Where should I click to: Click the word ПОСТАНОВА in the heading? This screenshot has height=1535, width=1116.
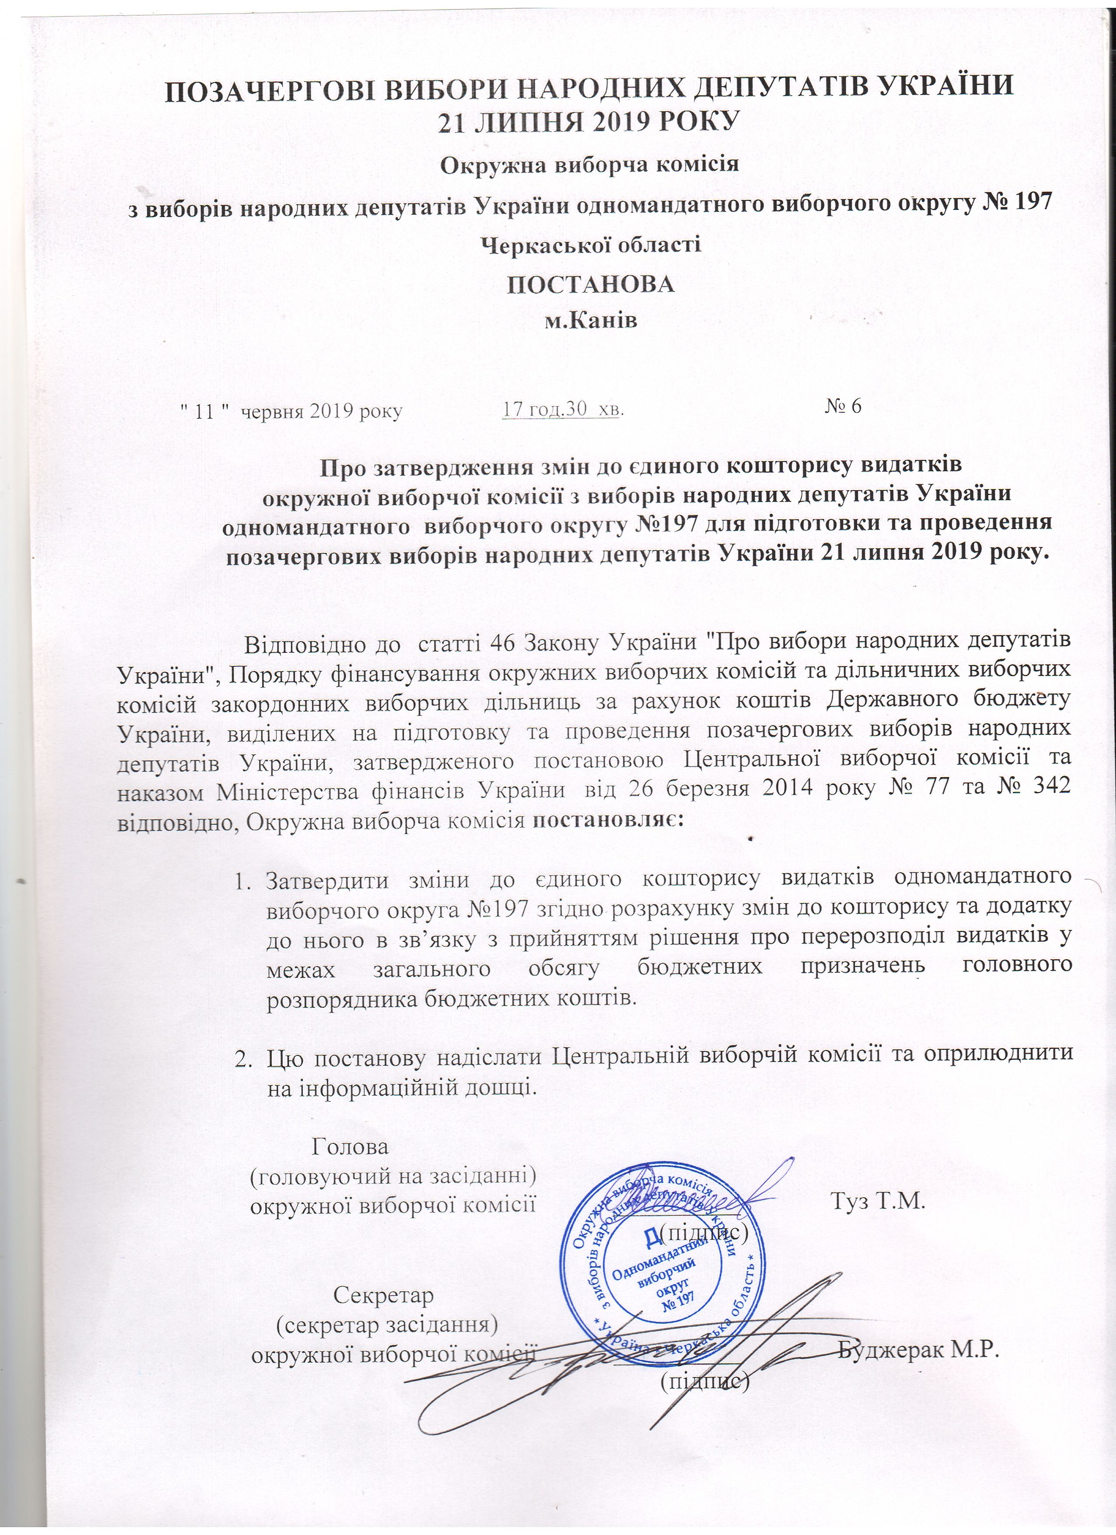tap(591, 285)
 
